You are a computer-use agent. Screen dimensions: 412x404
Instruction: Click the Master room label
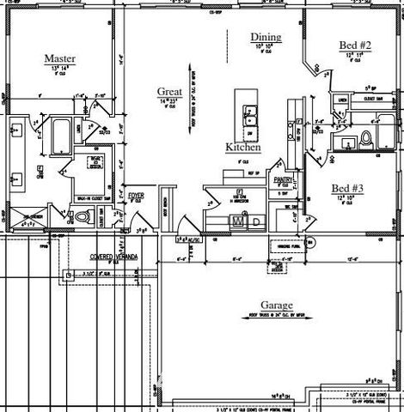point(61,58)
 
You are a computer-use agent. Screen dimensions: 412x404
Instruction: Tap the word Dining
point(266,37)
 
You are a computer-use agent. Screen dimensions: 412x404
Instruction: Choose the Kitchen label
point(243,147)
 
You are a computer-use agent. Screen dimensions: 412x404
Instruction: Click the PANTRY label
point(285,179)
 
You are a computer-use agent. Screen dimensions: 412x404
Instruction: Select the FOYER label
point(137,196)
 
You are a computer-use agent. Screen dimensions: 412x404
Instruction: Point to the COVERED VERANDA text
point(115,257)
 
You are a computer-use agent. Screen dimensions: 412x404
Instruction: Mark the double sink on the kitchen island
point(252,111)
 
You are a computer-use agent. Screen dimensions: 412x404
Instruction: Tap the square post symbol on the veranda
point(66,275)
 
